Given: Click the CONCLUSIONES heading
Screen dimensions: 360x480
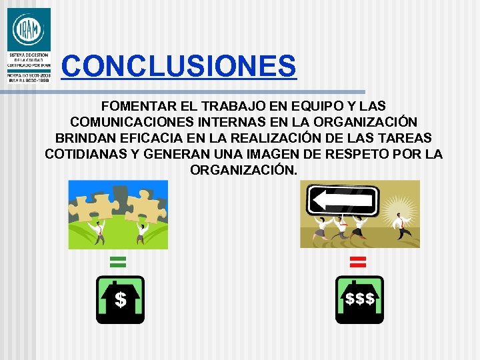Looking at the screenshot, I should pyautogui.click(x=178, y=66).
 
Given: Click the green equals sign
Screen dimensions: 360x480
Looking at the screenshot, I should pyautogui.click(x=118, y=261).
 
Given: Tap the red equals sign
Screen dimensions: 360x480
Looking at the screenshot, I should pyautogui.click(x=359, y=261).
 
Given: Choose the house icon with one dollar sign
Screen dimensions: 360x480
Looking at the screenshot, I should pyautogui.click(x=120, y=299).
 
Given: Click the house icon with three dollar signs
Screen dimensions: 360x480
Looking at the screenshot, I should pyautogui.click(x=359, y=299).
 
